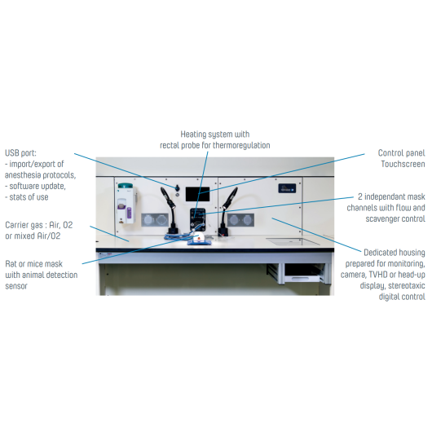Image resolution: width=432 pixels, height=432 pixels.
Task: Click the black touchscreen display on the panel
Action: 197,194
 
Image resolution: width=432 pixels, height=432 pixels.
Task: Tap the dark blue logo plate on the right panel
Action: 287,188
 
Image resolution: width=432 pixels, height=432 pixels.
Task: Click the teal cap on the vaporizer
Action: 125,185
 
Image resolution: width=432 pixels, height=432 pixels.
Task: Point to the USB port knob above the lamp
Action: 177,188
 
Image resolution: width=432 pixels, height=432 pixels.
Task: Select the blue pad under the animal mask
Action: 200,242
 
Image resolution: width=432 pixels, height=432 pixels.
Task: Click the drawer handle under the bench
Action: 299,279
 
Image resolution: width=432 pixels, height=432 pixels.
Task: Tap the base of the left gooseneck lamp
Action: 174,231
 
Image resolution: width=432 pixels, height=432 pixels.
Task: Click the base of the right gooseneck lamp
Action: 223,231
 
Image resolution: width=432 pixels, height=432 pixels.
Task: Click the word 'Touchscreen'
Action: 403,164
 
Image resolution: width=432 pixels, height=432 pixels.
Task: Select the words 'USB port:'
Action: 20,153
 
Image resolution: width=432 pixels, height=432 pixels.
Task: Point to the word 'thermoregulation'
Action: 241,145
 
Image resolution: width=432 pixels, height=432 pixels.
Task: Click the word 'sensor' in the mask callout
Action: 16,286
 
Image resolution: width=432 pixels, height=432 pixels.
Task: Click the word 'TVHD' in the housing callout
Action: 378,275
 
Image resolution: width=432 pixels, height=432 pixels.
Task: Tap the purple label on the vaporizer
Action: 129,213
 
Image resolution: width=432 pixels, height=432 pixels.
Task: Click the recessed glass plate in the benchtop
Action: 293,241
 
